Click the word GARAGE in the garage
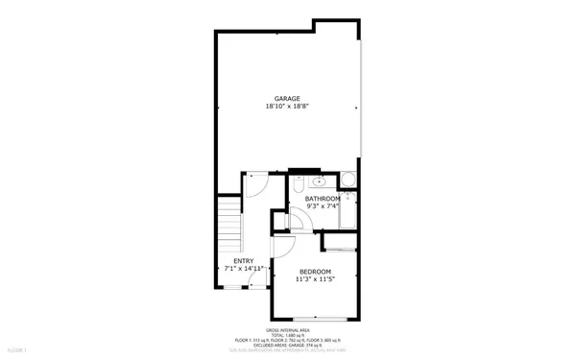coord(287,99)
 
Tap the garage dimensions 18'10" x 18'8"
coord(287,107)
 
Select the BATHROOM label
coord(323,199)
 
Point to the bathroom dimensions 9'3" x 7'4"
coord(323,206)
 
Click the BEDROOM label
coord(315,272)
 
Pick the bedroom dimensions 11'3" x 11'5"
coord(315,279)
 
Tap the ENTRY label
coord(244,260)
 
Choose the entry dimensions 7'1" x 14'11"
coord(244,268)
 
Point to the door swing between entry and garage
coord(256,184)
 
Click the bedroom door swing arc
coord(283,247)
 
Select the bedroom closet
coord(341,242)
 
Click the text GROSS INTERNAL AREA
coord(288,329)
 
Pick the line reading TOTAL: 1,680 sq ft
coord(288,334)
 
